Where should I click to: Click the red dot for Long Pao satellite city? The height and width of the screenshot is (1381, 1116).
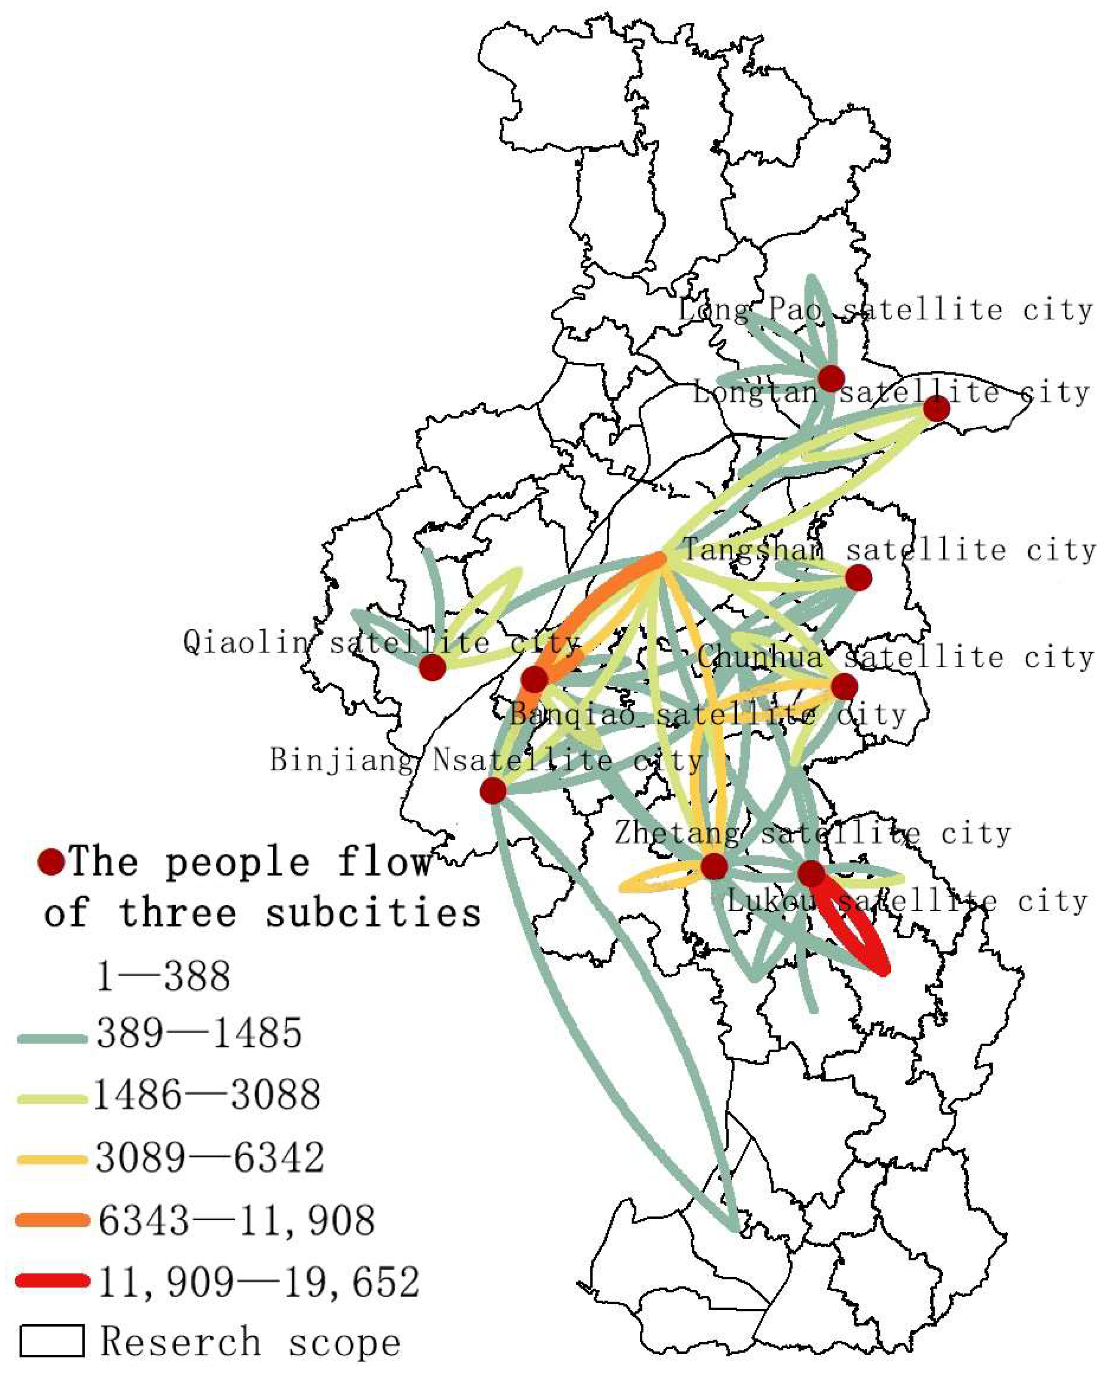tap(831, 378)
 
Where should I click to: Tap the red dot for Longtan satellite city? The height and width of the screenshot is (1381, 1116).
tap(936, 408)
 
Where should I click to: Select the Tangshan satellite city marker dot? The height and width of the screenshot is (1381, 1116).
tap(858, 577)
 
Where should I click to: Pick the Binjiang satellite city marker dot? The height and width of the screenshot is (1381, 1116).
tap(493, 790)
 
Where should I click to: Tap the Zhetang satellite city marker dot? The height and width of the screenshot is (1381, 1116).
tap(714, 867)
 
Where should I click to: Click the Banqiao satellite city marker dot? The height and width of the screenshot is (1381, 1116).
tap(534, 678)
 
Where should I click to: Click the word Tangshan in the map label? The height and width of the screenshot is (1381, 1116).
tap(752, 550)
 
